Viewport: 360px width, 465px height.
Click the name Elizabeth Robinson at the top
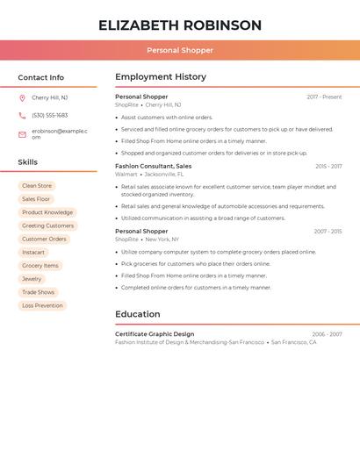tap(180, 25)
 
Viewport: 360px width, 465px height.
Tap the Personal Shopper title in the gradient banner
tap(180, 50)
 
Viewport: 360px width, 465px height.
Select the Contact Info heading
tap(41, 77)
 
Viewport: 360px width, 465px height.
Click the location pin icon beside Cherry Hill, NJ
tap(22, 98)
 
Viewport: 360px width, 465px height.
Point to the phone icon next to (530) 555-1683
tap(22, 115)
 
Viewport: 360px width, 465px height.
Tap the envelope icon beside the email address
tap(22, 134)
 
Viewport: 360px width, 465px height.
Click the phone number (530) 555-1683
tap(50, 115)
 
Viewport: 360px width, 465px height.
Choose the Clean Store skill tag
tap(37, 186)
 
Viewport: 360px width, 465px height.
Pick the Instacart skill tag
tap(33, 252)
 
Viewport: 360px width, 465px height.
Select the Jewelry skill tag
tap(32, 279)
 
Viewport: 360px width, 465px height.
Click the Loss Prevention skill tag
tap(42, 305)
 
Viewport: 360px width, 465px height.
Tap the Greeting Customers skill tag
tap(47, 225)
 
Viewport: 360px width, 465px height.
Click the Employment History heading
tap(161, 77)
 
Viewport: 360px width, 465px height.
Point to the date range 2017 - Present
tap(324, 97)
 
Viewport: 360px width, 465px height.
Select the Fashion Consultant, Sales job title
tap(154, 166)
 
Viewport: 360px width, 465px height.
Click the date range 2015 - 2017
tap(328, 166)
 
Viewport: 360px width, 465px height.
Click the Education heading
tap(138, 314)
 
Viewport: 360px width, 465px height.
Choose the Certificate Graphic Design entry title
tap(155, 334)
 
